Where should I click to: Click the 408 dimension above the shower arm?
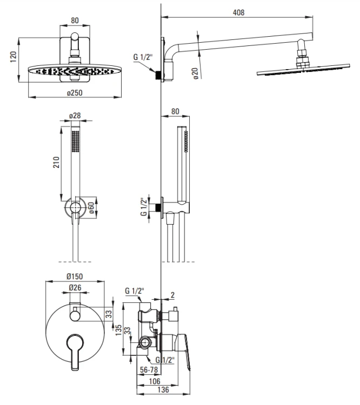238,12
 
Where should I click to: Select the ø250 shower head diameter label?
75,93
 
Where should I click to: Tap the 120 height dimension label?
13,57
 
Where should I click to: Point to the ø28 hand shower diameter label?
75,116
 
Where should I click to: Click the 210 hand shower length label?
56,162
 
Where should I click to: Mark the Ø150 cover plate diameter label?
75,276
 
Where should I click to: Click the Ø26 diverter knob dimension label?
75,287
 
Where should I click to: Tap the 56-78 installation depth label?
149,370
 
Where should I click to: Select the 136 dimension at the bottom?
163,389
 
